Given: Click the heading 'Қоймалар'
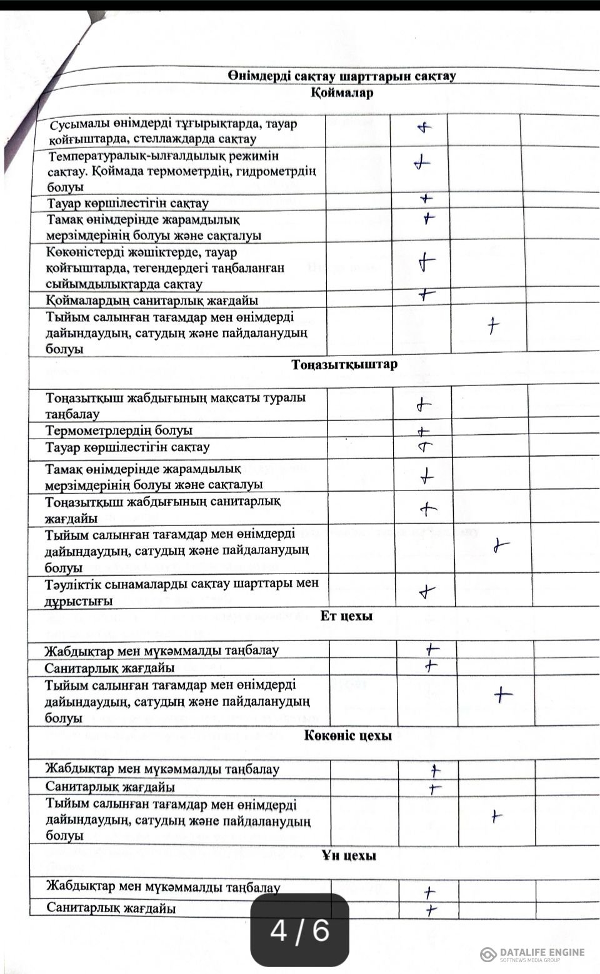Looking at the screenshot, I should pyautogui.click(x=342, y=93).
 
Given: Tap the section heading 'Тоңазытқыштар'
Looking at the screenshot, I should pyautogui.click(x=344, y=364).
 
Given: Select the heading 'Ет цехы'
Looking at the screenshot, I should pyautogui.click(x=346, y=616).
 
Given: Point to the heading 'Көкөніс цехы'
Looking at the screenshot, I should pyautogui.click(x=348, y=735).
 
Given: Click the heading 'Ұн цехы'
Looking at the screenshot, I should pyautogui.click(x=349, y=855).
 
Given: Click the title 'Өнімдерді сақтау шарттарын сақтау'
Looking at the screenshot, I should pyautogui.click(x=342, y=76).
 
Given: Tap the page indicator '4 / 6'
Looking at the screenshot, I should pyautogui.click(x=299, y=931).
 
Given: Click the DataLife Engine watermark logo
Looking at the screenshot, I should pyautogui.click(x=532, y=953).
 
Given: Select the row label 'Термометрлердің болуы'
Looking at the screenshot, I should pyautogui.click(x=119, y=430).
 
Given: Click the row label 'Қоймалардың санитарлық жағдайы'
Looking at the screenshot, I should pyautogui.click(x=152, y=301).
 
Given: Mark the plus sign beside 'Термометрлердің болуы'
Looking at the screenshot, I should pyautogui.click(x=424, y=431).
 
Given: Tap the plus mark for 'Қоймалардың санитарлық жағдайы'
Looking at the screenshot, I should pyautogui.click(x=426, y=294).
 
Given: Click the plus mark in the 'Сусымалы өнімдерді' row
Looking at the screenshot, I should pyautogui.click(x=424, y=128).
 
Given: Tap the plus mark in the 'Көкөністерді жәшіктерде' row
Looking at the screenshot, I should pyautogui.click(x=426, y=261).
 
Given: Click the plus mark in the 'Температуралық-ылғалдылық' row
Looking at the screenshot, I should pyautogui.click(x=422, y=164).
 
